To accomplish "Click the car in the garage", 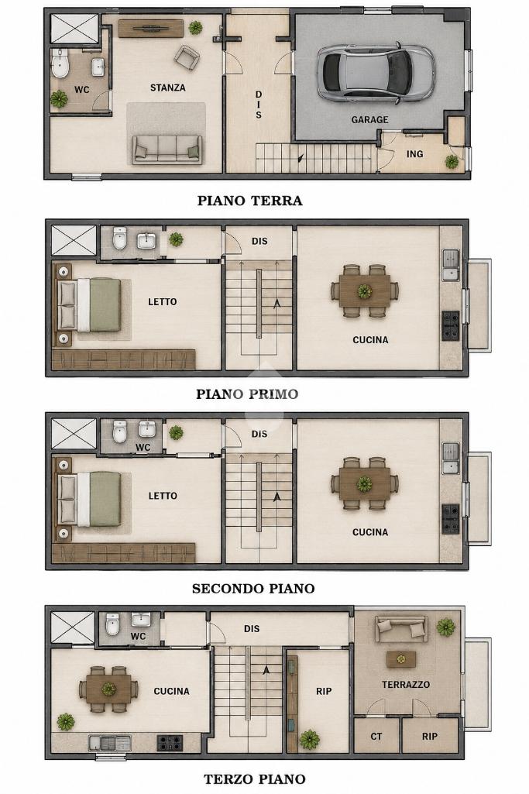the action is pyautogui.click(x=376, y=71).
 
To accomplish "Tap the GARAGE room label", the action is pyautogui.click(x=369, y=120).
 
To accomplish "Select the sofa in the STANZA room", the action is pyautogui.click(x=167, y=150).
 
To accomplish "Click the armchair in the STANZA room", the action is pyautogui.click(x=187, y=57).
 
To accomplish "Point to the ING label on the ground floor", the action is pyautogui.click(x=414, y=154).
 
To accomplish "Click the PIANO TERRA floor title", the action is pyautogui.click(x=249, y=201).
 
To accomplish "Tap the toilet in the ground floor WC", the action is pyautogui.click(x=60, y=64).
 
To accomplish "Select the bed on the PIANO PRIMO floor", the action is pyautogui.click(x=90, y=305).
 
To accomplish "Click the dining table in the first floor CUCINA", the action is pyautogui.click(x=365, y=291).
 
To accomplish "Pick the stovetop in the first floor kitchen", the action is pyautogui.click(x=450, y=325).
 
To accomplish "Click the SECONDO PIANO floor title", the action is pyautogui.click(x=253, y=589).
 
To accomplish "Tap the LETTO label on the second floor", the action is pyautogui.click(x=163, y=496).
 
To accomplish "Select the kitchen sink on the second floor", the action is pyautogui.click(x=450, y=459).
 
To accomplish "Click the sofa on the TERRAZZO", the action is pyautogui.click(x=401, y=629).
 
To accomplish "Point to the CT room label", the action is pyautogui.click(x=376, y=737).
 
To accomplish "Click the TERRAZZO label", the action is pyautogui.click(x=406, y=685).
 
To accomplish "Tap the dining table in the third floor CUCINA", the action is pyautogui.click(x=108, y=689).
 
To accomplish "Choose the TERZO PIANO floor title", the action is pyautogui.click(x=254, y=779).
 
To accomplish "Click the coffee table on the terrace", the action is pyautogui.click(x=401, y=659).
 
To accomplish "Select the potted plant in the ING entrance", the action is pyautogui.click(x=452, y=162).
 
